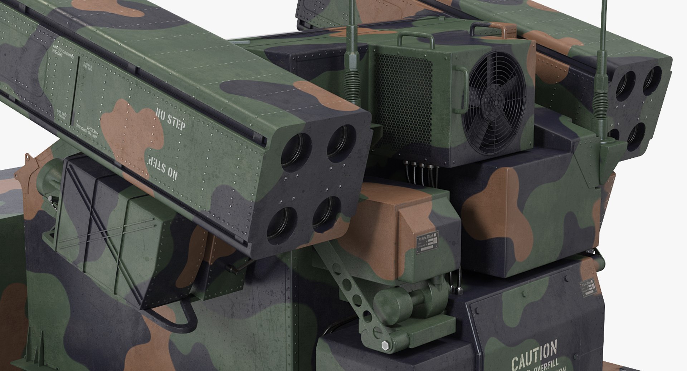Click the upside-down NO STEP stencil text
[x=162, y=167]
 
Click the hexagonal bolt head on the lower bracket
[x=385, y=346]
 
